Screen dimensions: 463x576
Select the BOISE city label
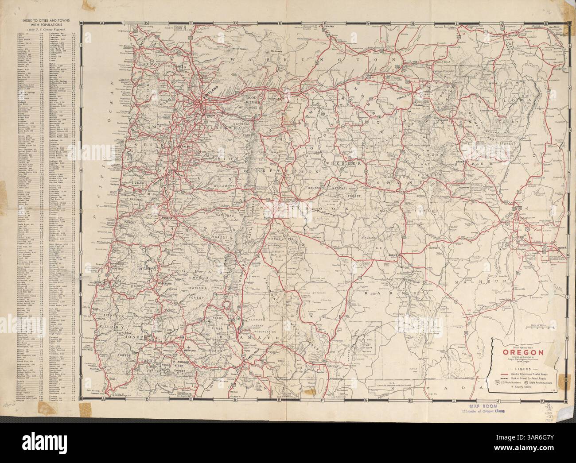pyautogui.click(x=559, y=254)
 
